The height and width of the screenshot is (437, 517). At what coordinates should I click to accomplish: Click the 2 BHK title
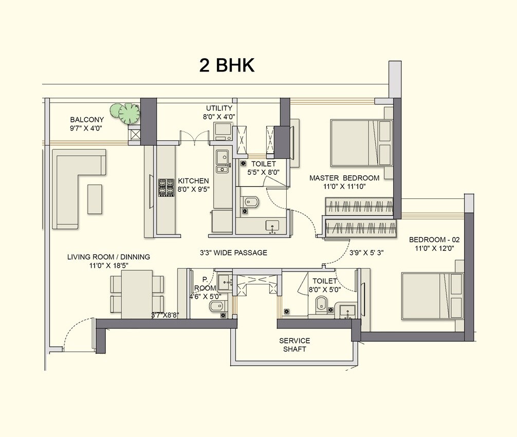click(227, 66)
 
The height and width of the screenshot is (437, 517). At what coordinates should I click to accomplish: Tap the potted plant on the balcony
click(128, 113)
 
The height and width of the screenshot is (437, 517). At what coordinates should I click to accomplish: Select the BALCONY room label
click(87, 123)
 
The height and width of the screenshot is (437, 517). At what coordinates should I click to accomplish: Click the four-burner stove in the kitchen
click(165, 188)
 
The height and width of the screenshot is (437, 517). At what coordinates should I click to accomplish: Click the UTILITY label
click(220, 112)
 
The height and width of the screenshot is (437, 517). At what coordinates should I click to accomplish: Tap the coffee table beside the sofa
click(95, 198)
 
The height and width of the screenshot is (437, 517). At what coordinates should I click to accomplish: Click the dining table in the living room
click(137, 295)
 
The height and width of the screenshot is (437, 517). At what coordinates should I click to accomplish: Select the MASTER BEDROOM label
click(344, 182)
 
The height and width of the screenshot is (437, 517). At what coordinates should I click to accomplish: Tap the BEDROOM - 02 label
click(431, 244)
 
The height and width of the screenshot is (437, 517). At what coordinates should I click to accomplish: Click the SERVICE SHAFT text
click(294, 345)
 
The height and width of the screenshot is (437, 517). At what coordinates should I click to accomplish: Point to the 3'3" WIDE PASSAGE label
click(233, 253)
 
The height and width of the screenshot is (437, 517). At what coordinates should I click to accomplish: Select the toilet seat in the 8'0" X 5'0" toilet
click(320, 304)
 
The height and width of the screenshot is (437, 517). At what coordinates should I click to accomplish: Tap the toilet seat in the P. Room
click(214, 307)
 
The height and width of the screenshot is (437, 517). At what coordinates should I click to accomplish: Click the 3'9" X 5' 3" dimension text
click(367, 253)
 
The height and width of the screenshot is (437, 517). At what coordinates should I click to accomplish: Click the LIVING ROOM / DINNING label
click(108, 261)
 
